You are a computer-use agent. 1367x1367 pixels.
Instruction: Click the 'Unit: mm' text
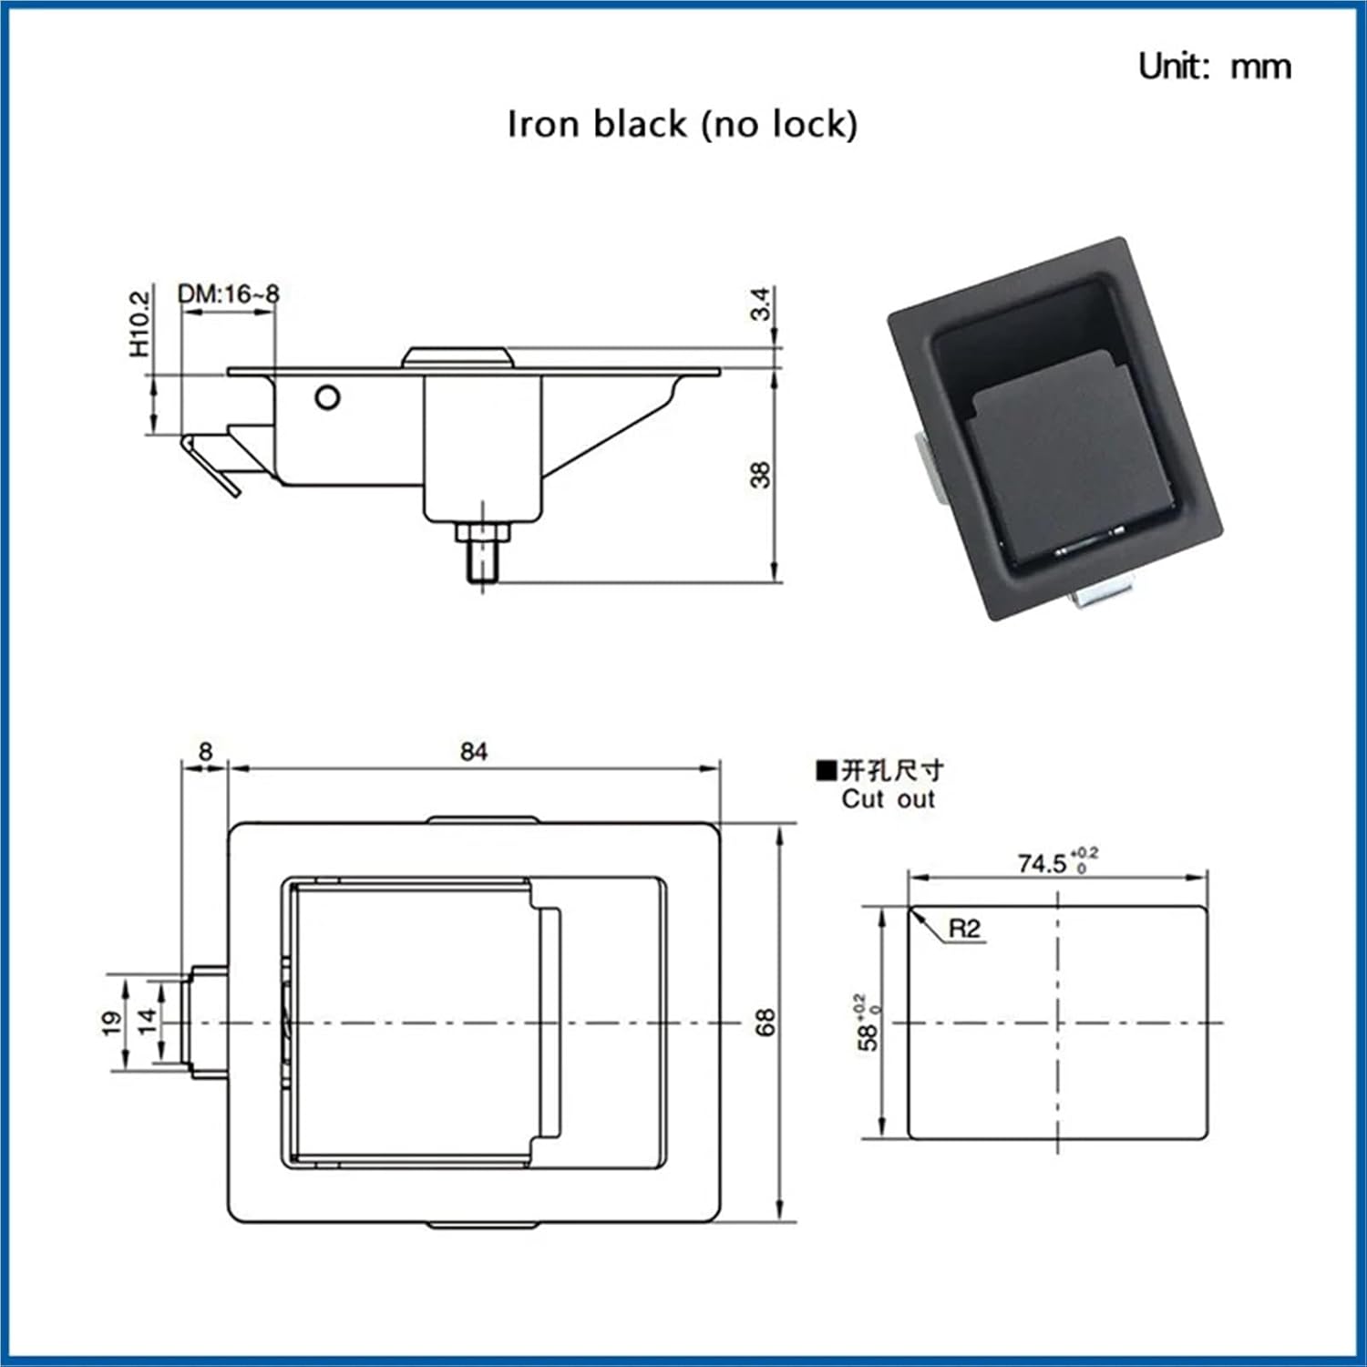click(1214, 67)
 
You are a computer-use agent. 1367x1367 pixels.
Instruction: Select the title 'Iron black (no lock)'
click(682, 124)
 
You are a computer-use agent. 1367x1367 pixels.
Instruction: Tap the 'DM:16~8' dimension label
click(228, 294)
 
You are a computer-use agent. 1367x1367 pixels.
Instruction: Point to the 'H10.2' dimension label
click(139, 324)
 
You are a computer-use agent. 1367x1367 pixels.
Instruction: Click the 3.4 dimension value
click(760, 303)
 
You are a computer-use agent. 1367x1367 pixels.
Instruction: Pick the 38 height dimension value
click(760, 475)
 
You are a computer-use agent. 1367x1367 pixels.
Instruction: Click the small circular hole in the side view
click(327, 397)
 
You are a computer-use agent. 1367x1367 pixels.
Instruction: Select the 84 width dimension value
click(473, 752)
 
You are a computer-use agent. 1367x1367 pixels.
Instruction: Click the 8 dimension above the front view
click(205, 751)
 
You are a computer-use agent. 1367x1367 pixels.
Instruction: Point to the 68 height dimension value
click(765, 1022)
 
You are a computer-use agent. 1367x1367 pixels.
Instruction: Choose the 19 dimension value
click(112, 1023)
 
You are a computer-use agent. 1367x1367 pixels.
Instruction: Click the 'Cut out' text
click(888, 799)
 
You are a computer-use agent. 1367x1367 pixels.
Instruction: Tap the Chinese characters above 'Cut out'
click(891, 771)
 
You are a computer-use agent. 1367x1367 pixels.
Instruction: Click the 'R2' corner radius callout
click(964, 929)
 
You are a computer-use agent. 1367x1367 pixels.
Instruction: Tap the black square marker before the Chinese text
click(826, 771)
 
